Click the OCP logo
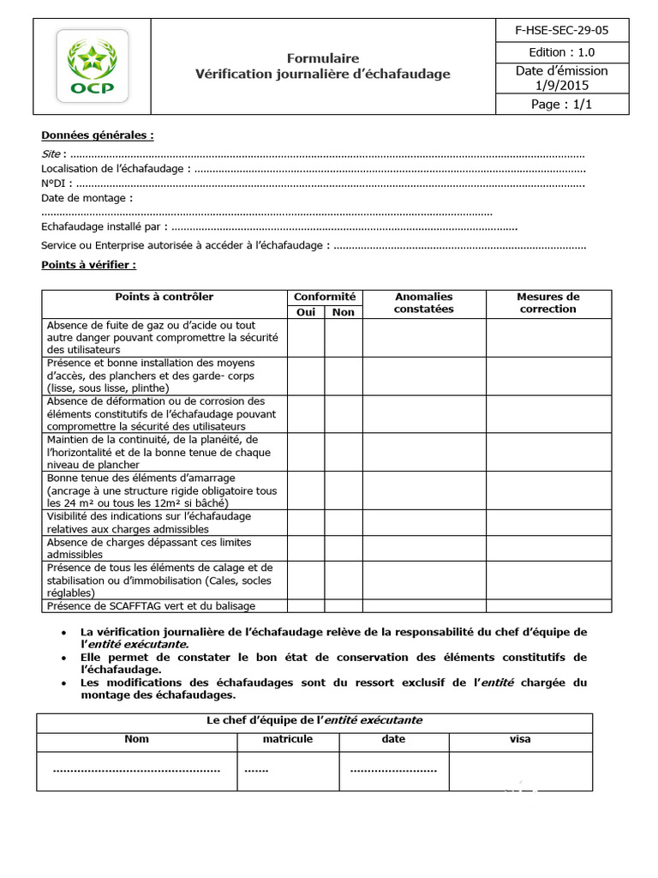tap(93, 66)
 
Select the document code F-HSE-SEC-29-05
tap(561, 30)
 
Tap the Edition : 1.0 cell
tap(561, 52)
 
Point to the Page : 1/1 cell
tap(561, 105)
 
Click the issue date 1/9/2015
tap(561, 85)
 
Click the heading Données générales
tap(98, 135)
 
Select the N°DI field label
tap(53, 183)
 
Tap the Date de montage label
tap(87, 198)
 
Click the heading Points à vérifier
tap(88, 265)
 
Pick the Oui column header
tap(306, 312)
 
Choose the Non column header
tap(343, 312)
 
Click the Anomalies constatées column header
tap(423, 303)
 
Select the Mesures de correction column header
tap(548, 303)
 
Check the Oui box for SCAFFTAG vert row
tap(306, 606)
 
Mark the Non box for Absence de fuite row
tap(343, 337)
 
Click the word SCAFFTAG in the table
tap(133, 606)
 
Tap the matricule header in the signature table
tap(287, 739)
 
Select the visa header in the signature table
tap(520, 739)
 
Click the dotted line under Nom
tap(136, 770)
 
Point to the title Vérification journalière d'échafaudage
tap(322, 75)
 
